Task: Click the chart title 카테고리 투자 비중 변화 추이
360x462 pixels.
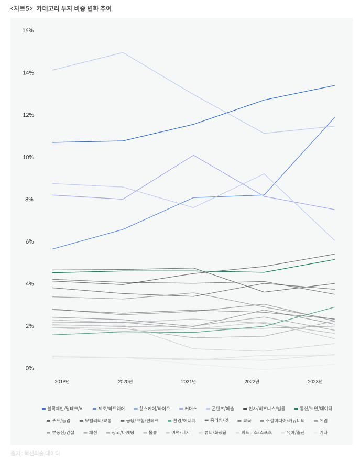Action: [x=73, y=8]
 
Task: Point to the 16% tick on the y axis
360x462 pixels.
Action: [x=28, y=30]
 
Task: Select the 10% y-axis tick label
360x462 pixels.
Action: [x=28, y=157]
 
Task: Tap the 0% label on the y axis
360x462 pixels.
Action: [x=29, y=368]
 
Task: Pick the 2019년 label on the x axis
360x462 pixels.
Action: [x=62, y=381]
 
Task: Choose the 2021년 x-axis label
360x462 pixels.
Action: [x=189, y=381]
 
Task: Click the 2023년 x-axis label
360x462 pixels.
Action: [x=315, y=381]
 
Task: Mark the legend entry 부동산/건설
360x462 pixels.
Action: [x=63, y=432]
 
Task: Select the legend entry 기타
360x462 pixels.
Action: [x=323, y=432]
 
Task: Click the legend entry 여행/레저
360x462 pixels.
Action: [x=181, y=432]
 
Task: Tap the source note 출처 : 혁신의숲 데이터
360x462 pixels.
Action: [x=35, y=453]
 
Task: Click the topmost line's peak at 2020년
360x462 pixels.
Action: [x=123, y=52]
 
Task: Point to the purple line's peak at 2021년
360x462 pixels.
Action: [x=193, y=155]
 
